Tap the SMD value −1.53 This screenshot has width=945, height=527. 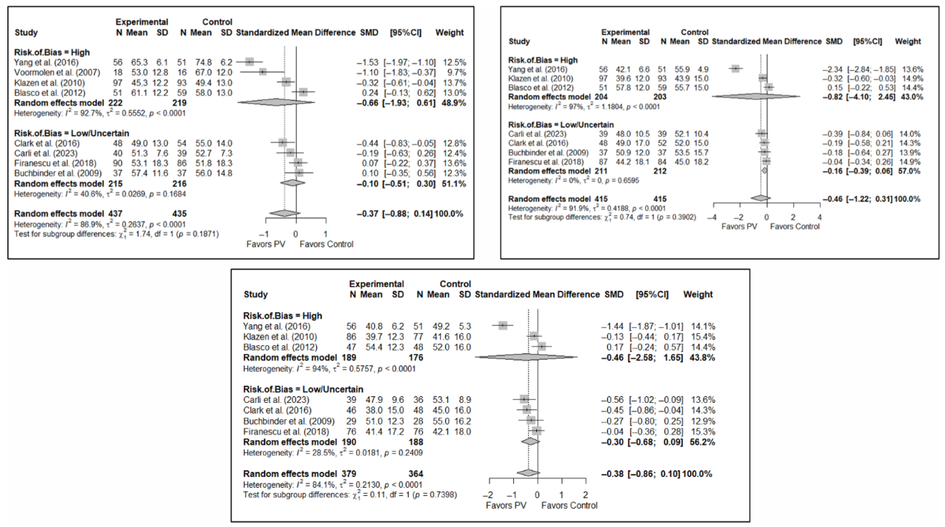(x=368, y=62)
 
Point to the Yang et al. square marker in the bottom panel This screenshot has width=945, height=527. (x=503, y=325)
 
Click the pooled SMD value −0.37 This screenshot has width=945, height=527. (x=368, y=214)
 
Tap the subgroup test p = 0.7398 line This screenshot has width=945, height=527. (x=350, y=495)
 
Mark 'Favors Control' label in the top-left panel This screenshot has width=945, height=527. (x=326, y=244)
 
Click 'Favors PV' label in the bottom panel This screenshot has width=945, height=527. (x=506, y=505)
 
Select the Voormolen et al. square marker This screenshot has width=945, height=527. (x=263, y=72)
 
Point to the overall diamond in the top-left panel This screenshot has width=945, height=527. (x=285, y=213)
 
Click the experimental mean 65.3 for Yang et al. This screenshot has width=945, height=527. (x=139, y=62)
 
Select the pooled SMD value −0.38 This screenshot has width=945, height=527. (x=612, y=474)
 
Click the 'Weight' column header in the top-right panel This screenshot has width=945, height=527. (x=908, y=41)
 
